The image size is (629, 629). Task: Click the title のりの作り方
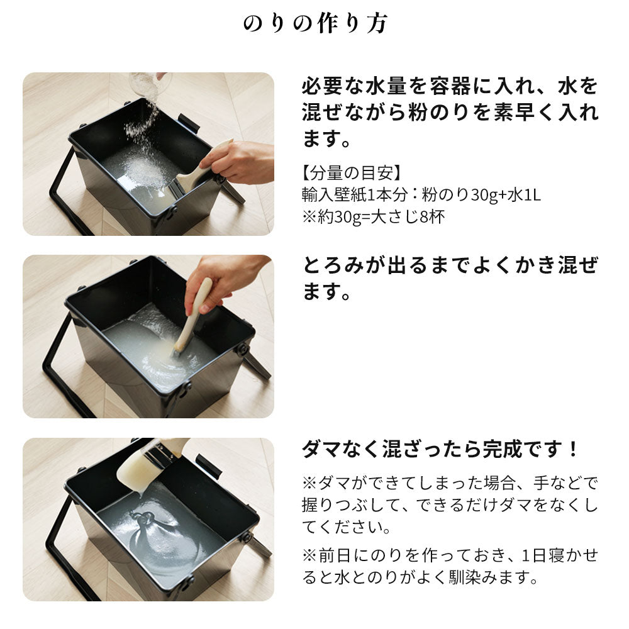[x=315, y=23]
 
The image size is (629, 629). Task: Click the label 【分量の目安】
[x=352, y=174]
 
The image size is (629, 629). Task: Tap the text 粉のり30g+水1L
[x=481, y=195]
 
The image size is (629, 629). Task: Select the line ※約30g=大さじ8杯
[x=374, y=217]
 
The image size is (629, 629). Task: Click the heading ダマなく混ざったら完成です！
[x=440, y=449]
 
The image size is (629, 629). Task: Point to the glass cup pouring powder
[x=150, y=84]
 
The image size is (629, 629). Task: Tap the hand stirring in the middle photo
[x=223, y=280]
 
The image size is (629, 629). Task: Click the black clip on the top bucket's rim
[x=189, y=123]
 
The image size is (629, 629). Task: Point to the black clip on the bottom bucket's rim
[x=208, y=465]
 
